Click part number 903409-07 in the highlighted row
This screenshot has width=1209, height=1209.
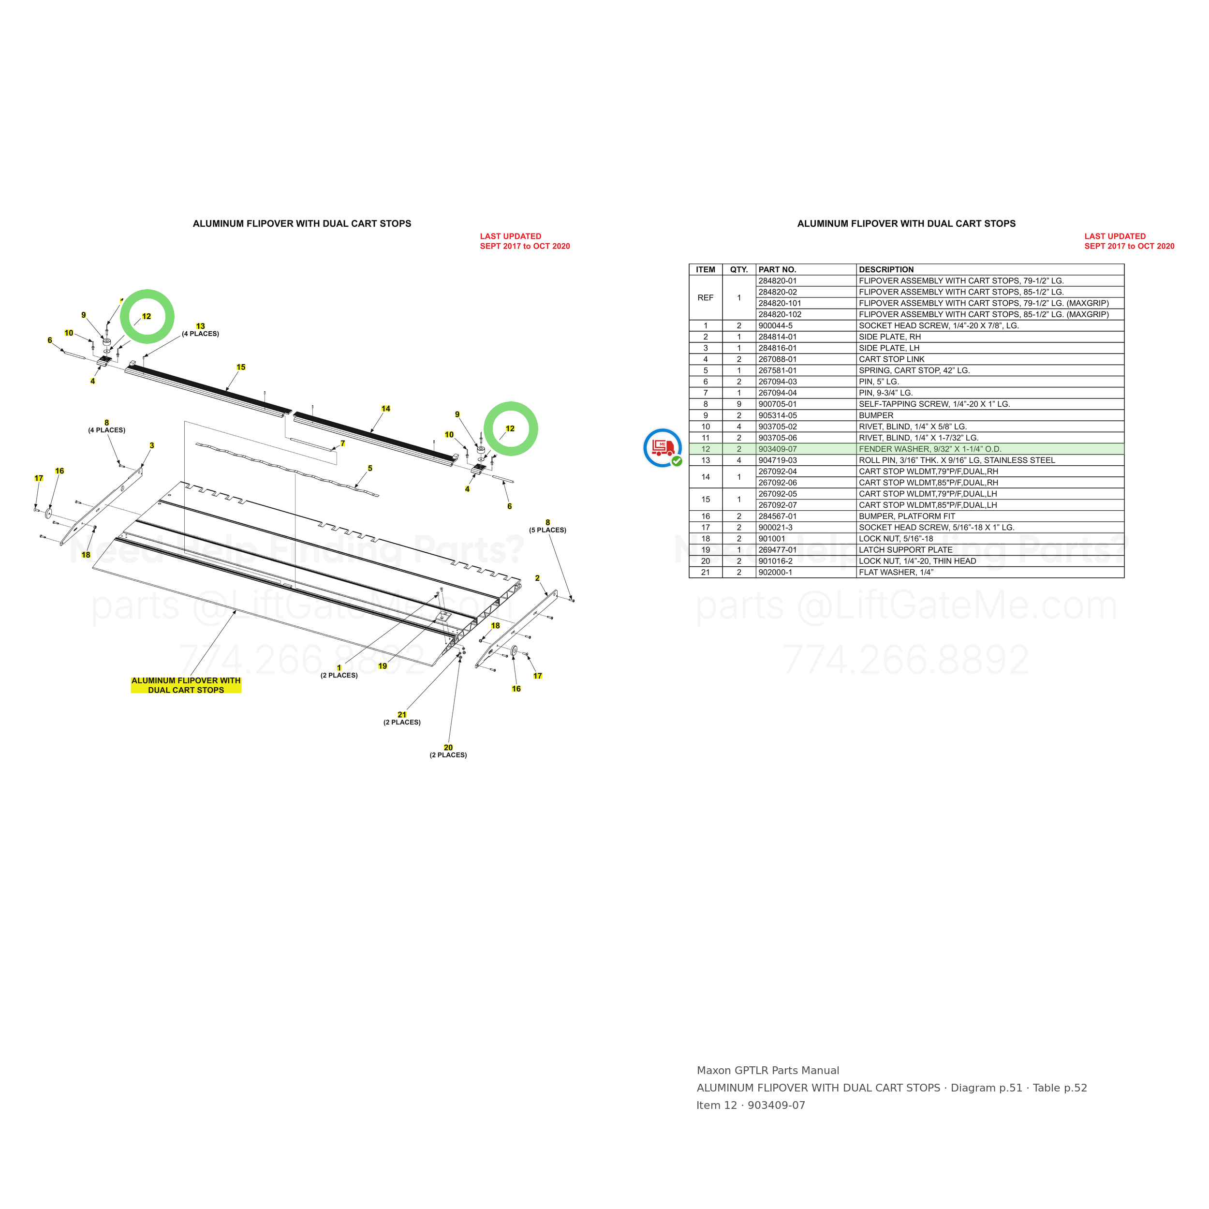point(777,449)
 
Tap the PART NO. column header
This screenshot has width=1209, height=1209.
point(777,270)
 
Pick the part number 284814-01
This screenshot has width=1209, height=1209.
point(777,337)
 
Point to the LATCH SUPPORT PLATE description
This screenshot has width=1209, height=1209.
point(905,550)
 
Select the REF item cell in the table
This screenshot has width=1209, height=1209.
point(705,298)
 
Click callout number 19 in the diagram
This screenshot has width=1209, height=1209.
point(383,666)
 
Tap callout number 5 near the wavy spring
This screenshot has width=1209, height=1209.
point(370,468)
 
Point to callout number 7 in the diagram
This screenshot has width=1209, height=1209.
point(342,443)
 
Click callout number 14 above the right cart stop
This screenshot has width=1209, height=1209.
point(385,409)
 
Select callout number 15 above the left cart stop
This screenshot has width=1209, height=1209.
point(241,368)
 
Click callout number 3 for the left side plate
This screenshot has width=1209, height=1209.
point(151,445)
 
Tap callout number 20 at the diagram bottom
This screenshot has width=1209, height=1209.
point(448,747)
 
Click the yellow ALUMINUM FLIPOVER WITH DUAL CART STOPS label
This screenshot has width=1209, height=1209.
point(186,685)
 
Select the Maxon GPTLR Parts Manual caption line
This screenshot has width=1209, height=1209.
point(768,1071)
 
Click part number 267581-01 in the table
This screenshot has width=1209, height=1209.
point(777,370)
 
